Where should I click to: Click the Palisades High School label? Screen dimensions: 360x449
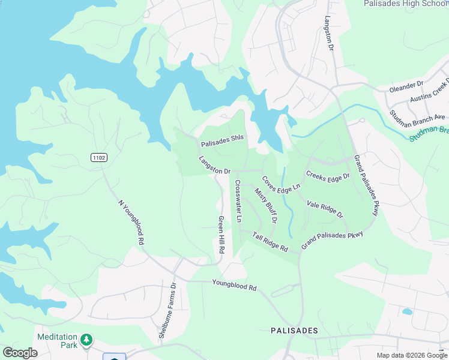coord(406,4)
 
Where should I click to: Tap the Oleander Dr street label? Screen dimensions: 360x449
coord(406,86)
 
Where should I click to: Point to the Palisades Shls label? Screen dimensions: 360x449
coord(222,140)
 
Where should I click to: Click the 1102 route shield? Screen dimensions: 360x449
coord(99,157)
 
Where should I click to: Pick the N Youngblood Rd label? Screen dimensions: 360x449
coord(132,222)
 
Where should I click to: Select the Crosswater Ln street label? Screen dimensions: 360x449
coord(238,202)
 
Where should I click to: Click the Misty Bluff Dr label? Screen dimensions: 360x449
coord(265,205)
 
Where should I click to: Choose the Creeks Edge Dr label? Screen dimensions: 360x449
coord(328,175)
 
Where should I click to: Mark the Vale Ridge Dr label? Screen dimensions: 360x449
coord(324,209)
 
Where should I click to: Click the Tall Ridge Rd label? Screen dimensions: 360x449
coord(270,242)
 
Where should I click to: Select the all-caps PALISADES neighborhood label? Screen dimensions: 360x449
coord(294,331)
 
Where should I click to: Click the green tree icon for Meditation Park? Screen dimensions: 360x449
coord(86,340)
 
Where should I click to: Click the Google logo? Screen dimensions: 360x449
coord(20,353)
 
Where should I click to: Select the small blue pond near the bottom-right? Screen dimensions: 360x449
coord(408,311)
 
